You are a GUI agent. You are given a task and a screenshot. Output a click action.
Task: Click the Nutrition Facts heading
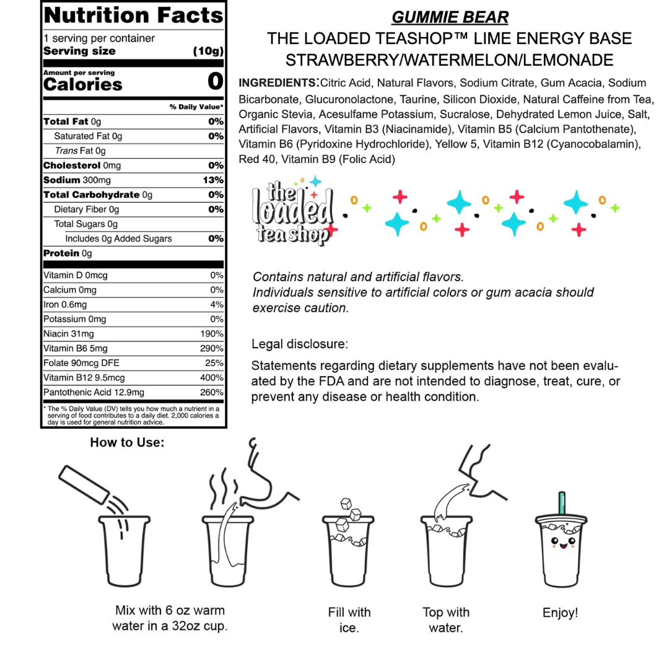(x=133, y=15)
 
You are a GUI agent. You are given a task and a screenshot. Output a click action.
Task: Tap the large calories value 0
(x=215, y=82)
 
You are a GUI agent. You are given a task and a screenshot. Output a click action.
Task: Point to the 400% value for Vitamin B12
(x=212, y=378)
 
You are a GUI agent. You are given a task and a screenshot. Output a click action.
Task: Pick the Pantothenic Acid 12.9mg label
(x=94, y=393)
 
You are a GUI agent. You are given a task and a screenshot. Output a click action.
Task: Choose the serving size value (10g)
(x=208, y=51)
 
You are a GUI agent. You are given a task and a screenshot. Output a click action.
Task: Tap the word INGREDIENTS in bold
(x=277, y=83)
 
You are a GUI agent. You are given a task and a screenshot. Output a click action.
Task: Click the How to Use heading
(x=128, y=442)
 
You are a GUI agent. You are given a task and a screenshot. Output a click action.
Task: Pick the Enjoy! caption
(x=560, y=613)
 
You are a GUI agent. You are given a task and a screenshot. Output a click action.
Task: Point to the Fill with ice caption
(x=349, y=620)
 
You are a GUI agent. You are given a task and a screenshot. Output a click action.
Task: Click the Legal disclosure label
(x=300, y=343)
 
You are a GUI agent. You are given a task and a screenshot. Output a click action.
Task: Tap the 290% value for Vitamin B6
(x=212, y=349)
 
